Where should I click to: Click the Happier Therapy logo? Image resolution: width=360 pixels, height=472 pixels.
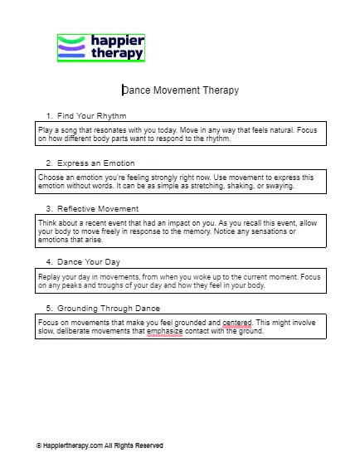pyautogui.click(x=101, y=48)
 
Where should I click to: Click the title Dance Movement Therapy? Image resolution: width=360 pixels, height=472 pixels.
pyautogui.click(x=180, y=90)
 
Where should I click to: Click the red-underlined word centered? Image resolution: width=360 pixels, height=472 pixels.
pyautogui.click(x=237, y=322)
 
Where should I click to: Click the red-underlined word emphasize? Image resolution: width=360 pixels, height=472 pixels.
pyautogui.click(x=164, y=331)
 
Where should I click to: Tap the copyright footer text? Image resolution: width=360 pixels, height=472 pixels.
pyautogui.click(x=100, y=445)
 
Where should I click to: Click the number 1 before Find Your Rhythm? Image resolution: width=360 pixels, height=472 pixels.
pyautogui.click(x=49, y=115)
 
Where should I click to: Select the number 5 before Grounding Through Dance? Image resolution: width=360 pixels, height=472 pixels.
pyautogui.click(x=49, y=309)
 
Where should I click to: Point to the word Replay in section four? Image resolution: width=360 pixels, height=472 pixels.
pyautogui.click(x=48, y=275)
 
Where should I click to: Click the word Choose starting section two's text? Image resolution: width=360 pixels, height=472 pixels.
pyautogui.click(x=51, y=178)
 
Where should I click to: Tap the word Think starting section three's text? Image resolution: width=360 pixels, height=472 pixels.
pyautogui.click(x=47, y=222)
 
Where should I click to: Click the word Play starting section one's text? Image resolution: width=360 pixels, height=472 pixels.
pyautogui.click(x=45, y=130)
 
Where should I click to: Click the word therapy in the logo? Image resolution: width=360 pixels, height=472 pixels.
pyautogui.click(x=118, y=55)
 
